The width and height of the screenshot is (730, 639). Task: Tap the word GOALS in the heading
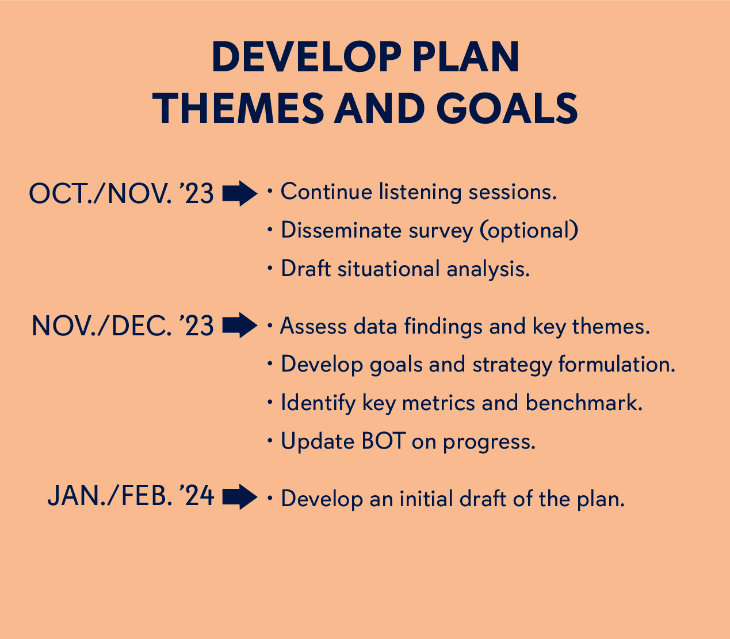click(x=507, y=109)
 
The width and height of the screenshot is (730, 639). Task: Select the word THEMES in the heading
click(x=238, y=109)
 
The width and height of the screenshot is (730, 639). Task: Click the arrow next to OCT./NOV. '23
click(x=239, y=193)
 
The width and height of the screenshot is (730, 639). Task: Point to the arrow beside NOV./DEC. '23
click(x=239, y=326)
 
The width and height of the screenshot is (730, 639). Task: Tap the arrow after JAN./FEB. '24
click(x=239, y=497)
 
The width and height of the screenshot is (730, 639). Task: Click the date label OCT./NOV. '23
click(x=121, y=194)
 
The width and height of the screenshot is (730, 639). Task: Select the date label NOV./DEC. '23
click(x=122, y=326)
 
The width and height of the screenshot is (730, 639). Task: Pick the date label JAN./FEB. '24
click(x=131, y=496)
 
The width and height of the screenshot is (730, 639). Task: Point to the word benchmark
click(x=583, y=403)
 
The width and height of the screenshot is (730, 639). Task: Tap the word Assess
click(x=314, y=327)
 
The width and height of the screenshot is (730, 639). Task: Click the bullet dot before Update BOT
click(x=270, y=441)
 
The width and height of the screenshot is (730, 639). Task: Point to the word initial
click(x=425, y=499)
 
